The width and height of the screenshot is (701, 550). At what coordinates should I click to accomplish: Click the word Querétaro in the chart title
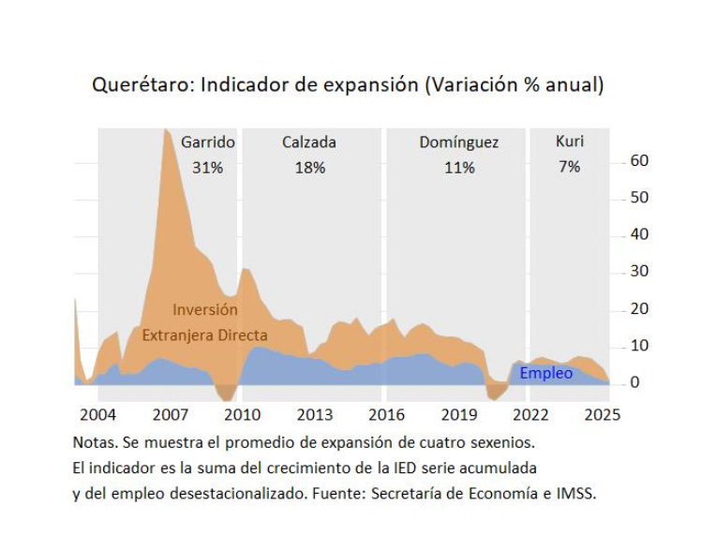pyautogui.click(x=140, y=85)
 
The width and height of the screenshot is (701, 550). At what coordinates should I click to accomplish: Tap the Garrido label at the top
pyautogui.click(x=208, y=142)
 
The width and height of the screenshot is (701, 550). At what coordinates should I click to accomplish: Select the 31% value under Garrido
pyautogui.click(x=207, y=168)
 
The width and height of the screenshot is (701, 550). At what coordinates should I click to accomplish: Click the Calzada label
pyautogui.click(x=309, y=142)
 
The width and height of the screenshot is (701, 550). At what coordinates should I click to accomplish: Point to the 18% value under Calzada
pyautogui.click(x=309, y=168)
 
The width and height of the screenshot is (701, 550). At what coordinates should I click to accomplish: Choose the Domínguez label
pyautogui.click(x=459, y=142)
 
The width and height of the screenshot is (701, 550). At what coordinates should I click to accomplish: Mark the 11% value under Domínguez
pyautogui.click(x=459, y=168)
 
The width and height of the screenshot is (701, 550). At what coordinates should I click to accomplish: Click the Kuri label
pyautogui.click(x=569, y=141)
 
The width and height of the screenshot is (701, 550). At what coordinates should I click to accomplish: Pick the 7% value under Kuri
pyautogui.click(x=569, y=167)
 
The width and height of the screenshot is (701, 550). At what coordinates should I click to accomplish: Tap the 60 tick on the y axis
pyautogui.click(x=639, y=160)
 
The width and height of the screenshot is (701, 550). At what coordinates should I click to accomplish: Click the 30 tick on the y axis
pyautogui.click(x=639, y=272)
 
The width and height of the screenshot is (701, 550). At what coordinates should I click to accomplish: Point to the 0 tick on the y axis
pyautogui.click(x=634, y=382)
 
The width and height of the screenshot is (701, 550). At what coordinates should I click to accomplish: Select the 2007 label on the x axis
pyautogui.click(x=171, y=414)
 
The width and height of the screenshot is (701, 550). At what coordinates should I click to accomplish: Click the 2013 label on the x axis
pyautogui.click(x=314, y=414)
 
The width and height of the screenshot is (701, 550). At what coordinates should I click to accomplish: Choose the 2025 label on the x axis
pyautogui.click(x=603, y=414)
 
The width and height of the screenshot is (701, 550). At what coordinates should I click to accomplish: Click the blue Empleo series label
pyautogui.click(x=545, y=374)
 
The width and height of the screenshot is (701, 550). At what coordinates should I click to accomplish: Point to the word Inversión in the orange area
pyautogui.click(x=205, y=309)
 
